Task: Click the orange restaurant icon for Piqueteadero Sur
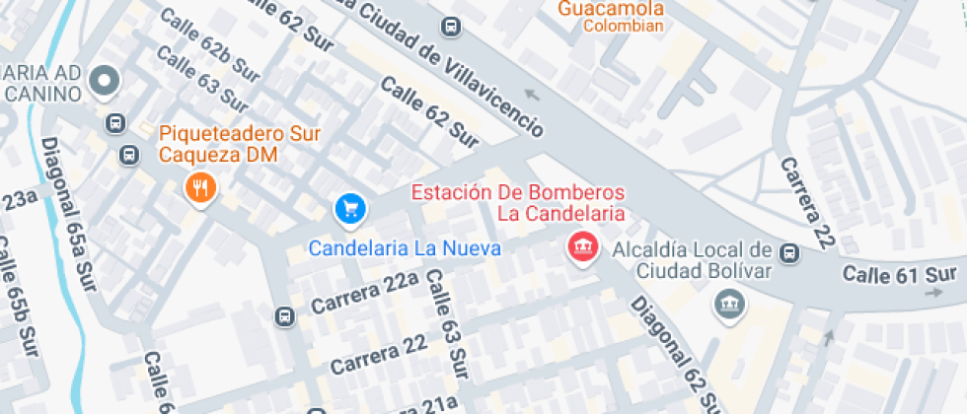200,187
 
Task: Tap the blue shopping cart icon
350,208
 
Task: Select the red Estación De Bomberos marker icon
582,246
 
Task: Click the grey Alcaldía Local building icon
729,305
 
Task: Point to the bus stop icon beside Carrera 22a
284,316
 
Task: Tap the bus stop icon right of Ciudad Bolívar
788,253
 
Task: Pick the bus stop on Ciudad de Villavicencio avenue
451,27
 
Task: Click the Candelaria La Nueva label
405,247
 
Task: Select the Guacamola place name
610,8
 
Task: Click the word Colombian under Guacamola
623,27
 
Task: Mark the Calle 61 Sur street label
900,273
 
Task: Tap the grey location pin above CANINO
105,82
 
